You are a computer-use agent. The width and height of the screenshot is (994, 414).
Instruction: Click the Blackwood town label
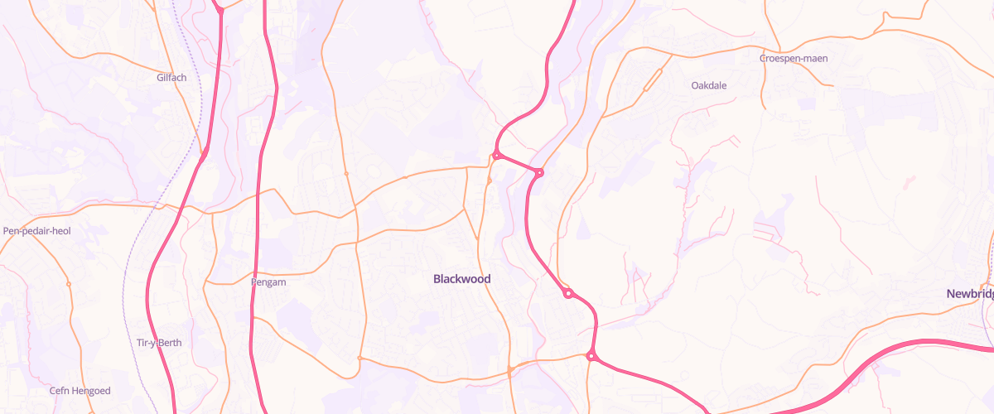pyautogui.click(x=461, y=279)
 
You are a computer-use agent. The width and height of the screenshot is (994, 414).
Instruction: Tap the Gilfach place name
pyautogui.click(x=171, y=78)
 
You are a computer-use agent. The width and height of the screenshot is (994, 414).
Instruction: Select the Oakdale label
pyautogui.click(x=708, y=84)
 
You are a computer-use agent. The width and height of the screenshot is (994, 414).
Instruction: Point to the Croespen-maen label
pyautogui.click(x=794, y=59)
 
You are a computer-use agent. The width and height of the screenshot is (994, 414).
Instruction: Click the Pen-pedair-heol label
pyautogui.click(x=37, y=231)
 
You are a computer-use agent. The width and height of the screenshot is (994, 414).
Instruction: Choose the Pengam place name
pyautogui.click(x=268, y=282)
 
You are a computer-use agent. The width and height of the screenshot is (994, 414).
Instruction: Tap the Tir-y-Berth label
pyautogui.click(x=158, y=343)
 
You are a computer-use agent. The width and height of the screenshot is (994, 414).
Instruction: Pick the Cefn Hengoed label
pyautogui.click(x=80, y=391)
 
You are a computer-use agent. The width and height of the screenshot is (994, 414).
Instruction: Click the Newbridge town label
pyautogui.click(x=971, y=294)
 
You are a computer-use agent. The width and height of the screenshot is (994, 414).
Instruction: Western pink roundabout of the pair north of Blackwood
pyautogui.click(x=496, y=155)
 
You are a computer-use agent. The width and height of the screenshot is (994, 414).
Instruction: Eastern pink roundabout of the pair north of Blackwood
pyautogui.click(x=539, y=172)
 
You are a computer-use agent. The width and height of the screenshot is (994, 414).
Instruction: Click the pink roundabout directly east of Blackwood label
pyautogui.click(x=568, y=293)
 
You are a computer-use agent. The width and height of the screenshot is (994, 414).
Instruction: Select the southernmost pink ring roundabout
pyautogui.click(x=591, y=356)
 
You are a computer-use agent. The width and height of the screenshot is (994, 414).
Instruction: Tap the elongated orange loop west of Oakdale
pyautogui.click(x=653, y=79)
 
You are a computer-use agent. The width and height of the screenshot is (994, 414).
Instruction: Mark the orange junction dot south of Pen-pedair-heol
pyautogui.click(x=69, y=284)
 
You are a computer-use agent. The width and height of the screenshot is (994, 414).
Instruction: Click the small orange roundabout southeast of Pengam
pyautogui.click(x=359, y=358)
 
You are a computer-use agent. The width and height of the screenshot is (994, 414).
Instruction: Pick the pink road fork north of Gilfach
pyautogui.click(x=220, y=10)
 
